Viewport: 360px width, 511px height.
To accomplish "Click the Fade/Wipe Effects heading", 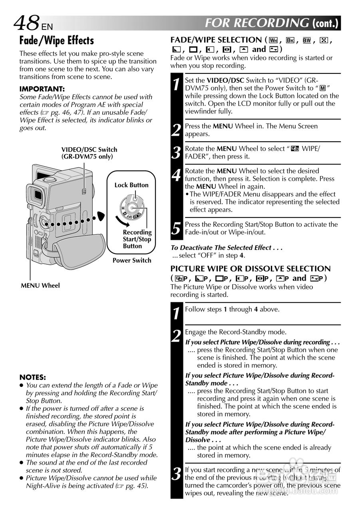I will tap(57, 40).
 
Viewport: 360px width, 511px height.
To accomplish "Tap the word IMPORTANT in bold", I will tap(42, 89).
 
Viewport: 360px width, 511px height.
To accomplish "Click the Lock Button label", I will tap(131, 185).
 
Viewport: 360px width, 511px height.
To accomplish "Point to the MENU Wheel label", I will tap(40, 285).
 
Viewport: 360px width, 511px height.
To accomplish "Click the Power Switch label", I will tap(132, 260).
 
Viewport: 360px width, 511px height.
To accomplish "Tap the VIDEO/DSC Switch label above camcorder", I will tap(89, 153).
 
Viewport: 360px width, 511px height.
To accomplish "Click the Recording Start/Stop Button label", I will tap(137, 239).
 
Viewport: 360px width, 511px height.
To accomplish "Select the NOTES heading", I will tap(33, 377).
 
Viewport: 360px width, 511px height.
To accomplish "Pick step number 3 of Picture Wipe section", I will tap(176, 474).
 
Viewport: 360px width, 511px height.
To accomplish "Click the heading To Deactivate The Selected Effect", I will tap(227, 248).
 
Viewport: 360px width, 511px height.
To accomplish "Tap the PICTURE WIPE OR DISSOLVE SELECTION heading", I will tap(251, 268).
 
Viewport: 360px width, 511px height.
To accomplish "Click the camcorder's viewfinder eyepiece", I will tap(37, 194).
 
